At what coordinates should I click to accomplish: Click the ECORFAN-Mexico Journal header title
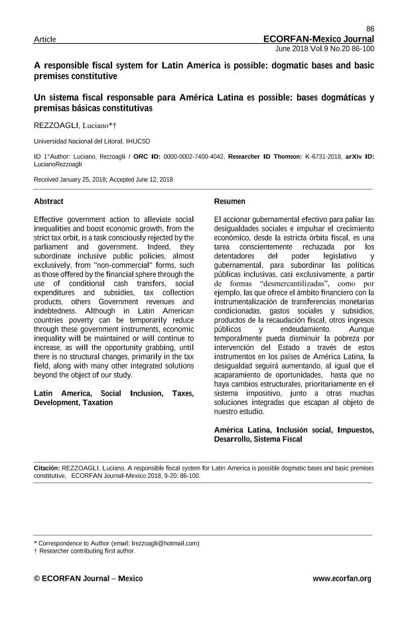coord(318,39)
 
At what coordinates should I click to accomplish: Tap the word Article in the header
coord(44,40)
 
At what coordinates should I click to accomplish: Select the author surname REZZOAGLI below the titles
coord(56,125)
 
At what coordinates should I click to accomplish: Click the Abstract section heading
coord(48,201)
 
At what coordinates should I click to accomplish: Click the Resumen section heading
coord(230,201)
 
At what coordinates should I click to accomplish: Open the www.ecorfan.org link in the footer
coord(342,579)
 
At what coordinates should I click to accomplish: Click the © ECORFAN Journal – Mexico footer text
coord(88,579)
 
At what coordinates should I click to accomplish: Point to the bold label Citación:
coord(47,467)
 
